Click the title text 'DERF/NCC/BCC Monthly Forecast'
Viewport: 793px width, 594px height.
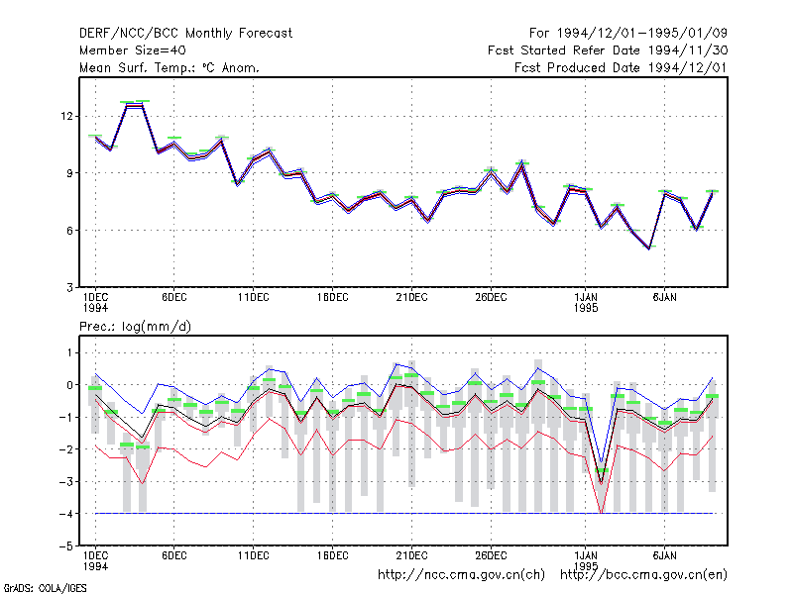(x=185, y=34)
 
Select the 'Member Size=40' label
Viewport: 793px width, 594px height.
(x=133, y=50)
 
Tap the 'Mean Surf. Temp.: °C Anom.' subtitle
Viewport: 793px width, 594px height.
(x=170, y=67)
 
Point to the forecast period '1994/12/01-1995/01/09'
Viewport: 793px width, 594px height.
(x=641, y=34)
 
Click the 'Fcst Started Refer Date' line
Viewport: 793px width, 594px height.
(x=565, y=50)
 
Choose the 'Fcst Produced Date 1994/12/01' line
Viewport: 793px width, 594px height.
(x=621, y=67)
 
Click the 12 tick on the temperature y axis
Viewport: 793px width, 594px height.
(x=66, y=116)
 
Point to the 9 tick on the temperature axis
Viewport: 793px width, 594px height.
(x=69, y=173)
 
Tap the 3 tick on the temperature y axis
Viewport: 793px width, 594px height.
(x=69, y=287)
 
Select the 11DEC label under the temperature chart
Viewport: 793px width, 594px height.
(x=254, y=298)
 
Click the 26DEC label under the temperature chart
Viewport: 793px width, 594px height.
(x=491, y=298)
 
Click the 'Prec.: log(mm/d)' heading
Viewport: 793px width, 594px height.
(x=135, y=327)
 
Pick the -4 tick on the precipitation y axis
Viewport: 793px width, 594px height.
(x=66, y=514)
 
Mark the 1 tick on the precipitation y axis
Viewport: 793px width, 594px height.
(x=69, y=352)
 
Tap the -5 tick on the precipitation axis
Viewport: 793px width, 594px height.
(x=66, y=546)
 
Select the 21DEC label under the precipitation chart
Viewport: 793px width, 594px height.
(x=411, y=555)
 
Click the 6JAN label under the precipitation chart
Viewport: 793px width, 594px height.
(x=664, y=555)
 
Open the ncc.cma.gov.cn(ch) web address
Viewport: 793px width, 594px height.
(x=461, y=575)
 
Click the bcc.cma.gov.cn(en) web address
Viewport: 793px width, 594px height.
(x=643, y=575)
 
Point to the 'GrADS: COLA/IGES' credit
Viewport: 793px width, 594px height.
(x=45, y=588)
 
